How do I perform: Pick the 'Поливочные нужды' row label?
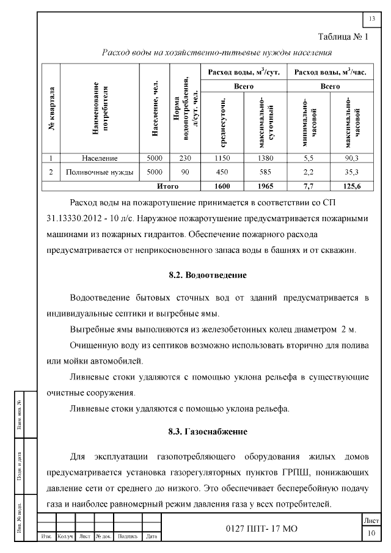[x=100, y=172]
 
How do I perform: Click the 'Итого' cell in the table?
[x=167, y=186]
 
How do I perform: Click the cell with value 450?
[x=222, y=172]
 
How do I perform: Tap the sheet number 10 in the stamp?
[x=371, y=534]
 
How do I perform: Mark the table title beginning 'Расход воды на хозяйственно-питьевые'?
[x=217, y=53]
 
